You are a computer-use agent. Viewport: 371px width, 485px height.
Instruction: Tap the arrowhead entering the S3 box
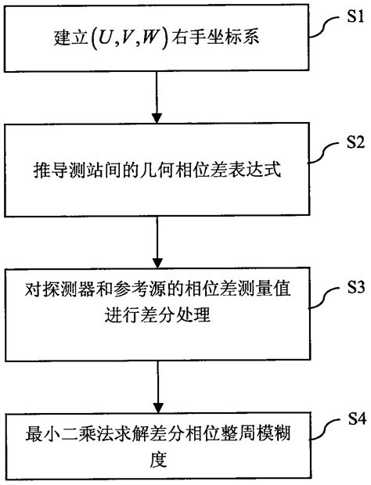coord(157,264)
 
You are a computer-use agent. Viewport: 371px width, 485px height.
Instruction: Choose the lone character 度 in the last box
coord(157,458)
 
